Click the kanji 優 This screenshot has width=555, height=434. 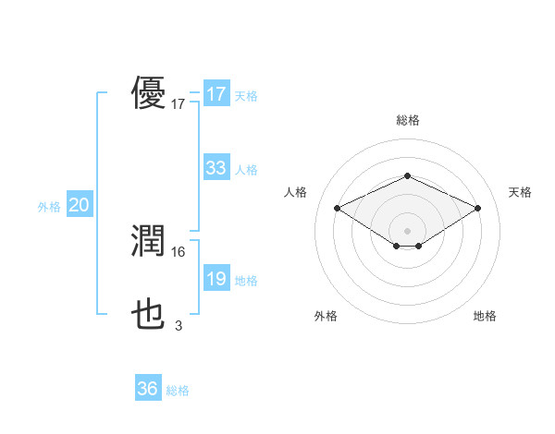(149, 94)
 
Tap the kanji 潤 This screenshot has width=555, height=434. (149, 241)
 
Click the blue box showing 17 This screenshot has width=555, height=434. (216, 94)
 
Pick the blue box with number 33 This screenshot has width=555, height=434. (216, 168)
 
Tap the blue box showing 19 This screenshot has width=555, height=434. (216, 279)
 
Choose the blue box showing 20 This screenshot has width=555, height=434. (79, 205)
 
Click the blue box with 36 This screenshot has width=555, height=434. (148, 389)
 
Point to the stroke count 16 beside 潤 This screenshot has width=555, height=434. (179, 251)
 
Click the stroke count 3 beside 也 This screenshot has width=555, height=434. (179, 325)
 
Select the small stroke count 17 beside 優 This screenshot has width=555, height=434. (179, 104)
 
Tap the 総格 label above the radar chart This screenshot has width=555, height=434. (408, 120)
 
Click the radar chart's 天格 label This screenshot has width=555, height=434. (520, 192)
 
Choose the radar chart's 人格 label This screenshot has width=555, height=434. (295, 192)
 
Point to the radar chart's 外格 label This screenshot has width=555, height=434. (326, 316)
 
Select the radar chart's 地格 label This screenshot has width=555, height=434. (485, 316)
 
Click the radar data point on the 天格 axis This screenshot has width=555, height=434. (477, 209)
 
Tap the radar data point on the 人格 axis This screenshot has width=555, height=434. (338, 209)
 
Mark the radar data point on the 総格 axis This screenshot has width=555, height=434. (408, 175)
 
